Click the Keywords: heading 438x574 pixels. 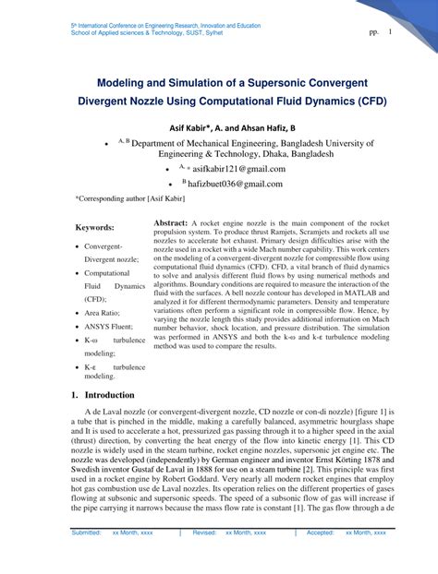click(x=95, y=227)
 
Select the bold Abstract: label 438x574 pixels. click(x=170, y=224)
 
